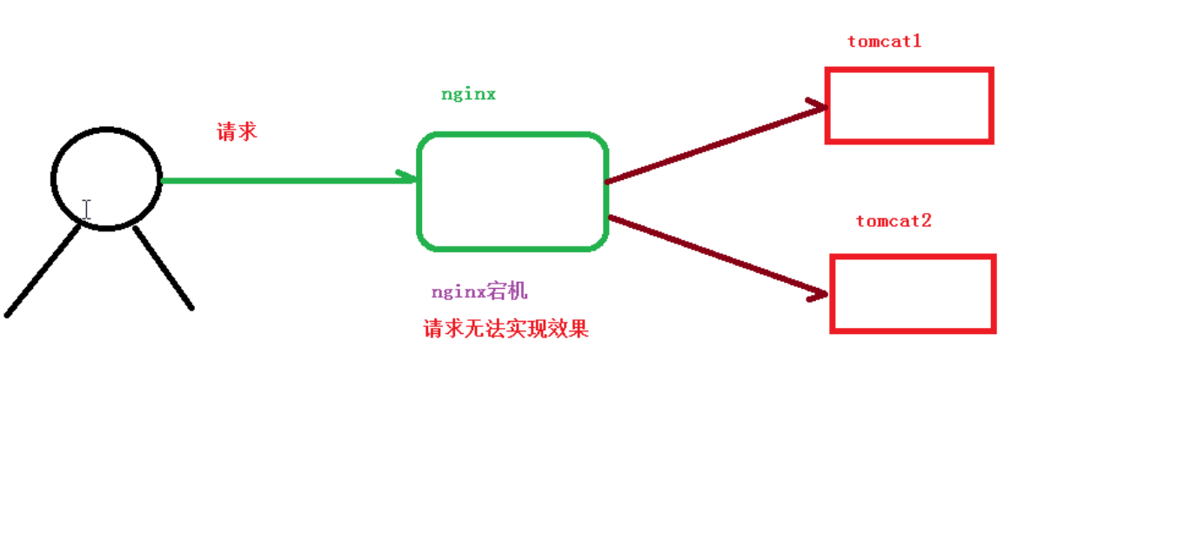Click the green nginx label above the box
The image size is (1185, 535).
468,94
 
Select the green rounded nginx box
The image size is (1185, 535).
512,192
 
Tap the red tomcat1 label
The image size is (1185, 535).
884,41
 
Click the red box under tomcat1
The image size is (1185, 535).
909,105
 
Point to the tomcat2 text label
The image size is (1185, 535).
894,221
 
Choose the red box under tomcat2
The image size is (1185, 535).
913,294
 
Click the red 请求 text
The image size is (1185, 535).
237,132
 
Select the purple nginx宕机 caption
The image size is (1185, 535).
479,291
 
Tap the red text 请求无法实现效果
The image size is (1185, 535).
505,329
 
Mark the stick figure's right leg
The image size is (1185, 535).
164,268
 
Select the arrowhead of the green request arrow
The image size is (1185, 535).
407,177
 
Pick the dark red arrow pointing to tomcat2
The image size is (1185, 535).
713,255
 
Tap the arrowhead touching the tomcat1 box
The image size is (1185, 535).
816,107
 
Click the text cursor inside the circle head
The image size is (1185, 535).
86,209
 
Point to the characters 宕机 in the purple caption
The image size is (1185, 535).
507,291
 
